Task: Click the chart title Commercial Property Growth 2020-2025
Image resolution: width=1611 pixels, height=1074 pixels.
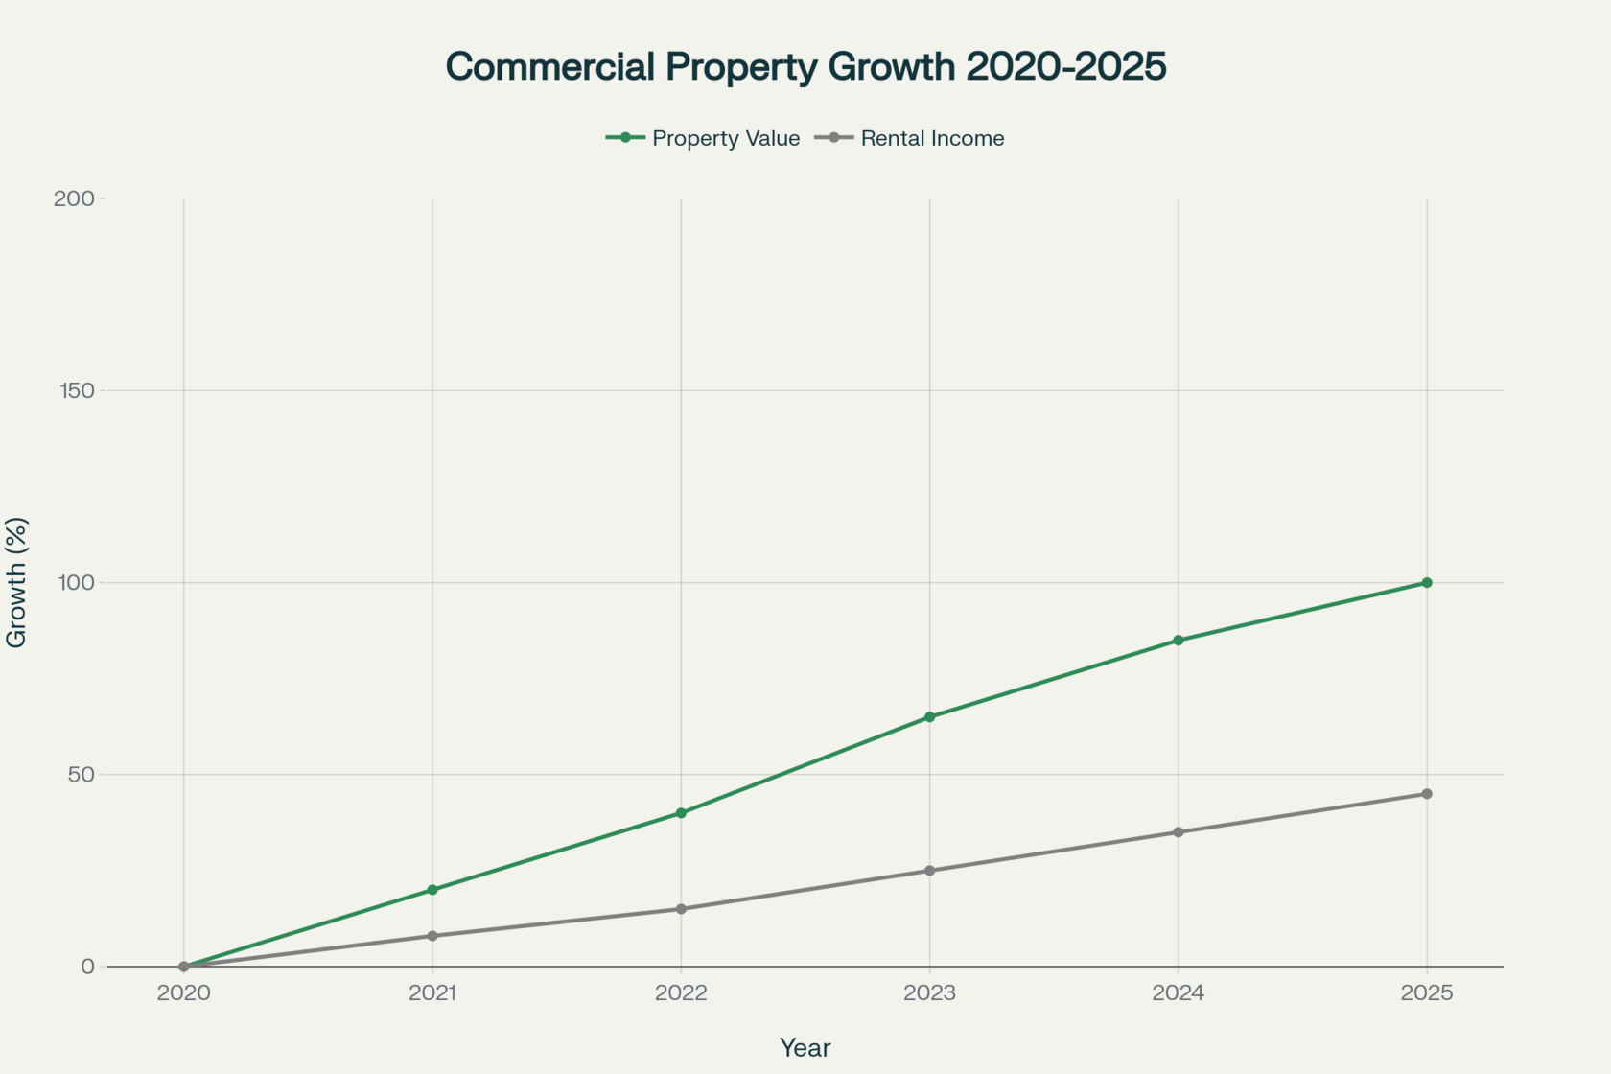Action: tap(805, 67)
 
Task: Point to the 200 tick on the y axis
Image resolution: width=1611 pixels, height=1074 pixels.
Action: tap(74, 198)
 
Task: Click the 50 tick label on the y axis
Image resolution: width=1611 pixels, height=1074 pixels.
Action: tap(81, 774)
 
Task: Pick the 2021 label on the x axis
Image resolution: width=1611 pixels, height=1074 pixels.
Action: tap(432, 992)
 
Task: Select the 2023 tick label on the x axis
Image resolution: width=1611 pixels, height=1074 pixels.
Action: tap(929, 992)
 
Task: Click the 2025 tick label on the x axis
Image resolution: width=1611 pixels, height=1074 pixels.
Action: tap(1427, 992)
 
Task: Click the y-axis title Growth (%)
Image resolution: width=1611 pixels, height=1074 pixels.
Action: tap(17, 582)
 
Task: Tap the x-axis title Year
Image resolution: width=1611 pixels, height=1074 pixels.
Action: tap(805, 1048)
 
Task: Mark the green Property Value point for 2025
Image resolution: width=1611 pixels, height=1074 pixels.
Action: tap(1427, 583)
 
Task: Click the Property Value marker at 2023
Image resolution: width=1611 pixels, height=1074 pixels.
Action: tap(929, 717)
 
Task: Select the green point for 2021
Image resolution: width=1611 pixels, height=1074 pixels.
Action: tap(432, 890)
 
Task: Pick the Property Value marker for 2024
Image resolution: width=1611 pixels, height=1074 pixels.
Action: tap(1179, 641)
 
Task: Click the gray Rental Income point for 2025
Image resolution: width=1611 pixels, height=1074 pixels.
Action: tap(1427, 794)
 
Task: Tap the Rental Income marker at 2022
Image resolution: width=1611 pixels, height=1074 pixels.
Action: tap(681, 909)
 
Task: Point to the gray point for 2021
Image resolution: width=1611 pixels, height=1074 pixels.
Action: tap(432, 936)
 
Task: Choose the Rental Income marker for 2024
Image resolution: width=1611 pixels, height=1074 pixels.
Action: tap(1179, 832)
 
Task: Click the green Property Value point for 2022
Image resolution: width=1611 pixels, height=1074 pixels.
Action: tap(681, 813)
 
